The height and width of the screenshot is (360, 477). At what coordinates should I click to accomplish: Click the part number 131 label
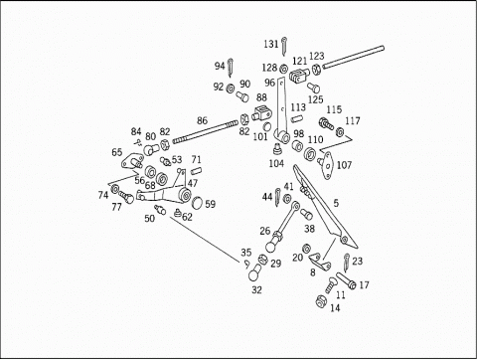[x=271, y=44]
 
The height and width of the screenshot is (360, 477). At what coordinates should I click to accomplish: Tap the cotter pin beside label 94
[x=231, y=67]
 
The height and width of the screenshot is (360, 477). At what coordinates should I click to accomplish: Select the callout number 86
[x=202, y=120]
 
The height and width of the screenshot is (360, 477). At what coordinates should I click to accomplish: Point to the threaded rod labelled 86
[x=206, y=131]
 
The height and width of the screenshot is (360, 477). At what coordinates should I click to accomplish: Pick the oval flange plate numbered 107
[x=326, y=165]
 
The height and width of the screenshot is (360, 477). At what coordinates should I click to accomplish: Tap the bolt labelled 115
[x=326, y=124]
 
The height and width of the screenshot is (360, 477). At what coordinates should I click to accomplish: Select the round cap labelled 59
[x=197, y=202]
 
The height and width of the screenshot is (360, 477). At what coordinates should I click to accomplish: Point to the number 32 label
[x=256, y=289]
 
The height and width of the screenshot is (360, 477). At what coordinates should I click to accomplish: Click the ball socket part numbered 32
[x=254, y=271]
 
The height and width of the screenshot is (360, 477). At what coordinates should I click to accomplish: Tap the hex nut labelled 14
[x=321, y=301]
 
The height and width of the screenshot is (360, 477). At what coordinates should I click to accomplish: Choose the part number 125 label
[x=315, y=99]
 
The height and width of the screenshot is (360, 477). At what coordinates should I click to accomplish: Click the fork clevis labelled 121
[x=299, y=75]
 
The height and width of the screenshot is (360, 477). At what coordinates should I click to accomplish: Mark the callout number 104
[x=276, y=163]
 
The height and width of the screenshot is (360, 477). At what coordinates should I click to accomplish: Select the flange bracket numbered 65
[x=132, y=161]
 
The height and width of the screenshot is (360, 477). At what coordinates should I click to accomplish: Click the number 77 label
[x=116, y=207]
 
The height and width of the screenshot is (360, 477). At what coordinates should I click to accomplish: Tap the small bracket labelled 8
[x=320, y=262]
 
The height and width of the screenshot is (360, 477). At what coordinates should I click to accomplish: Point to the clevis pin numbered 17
[x=346, y=280]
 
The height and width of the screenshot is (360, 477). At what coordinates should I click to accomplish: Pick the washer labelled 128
[x=284, y=69]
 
